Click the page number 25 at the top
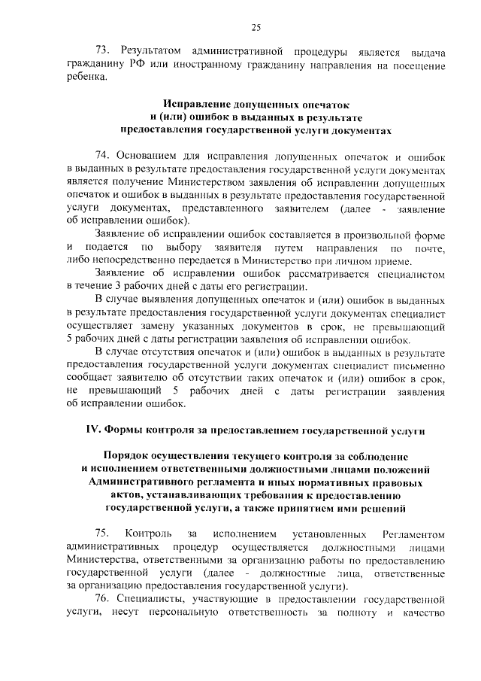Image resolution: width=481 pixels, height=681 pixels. point(256,28)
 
